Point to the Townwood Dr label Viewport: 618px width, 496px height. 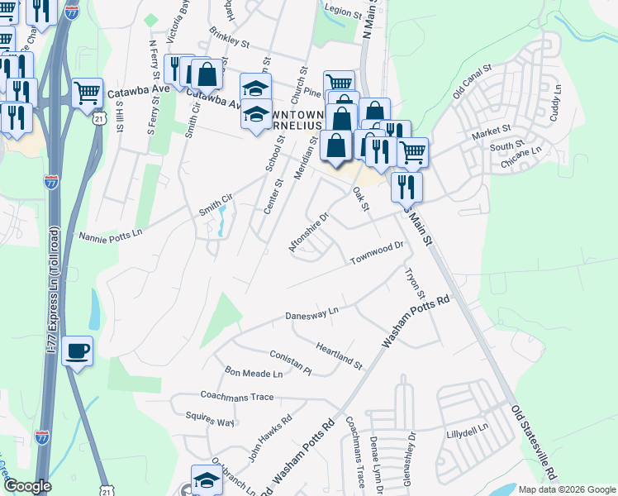click(376, 250)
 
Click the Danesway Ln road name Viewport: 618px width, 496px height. click(311, 314)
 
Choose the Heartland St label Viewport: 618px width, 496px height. click(340, 353)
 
